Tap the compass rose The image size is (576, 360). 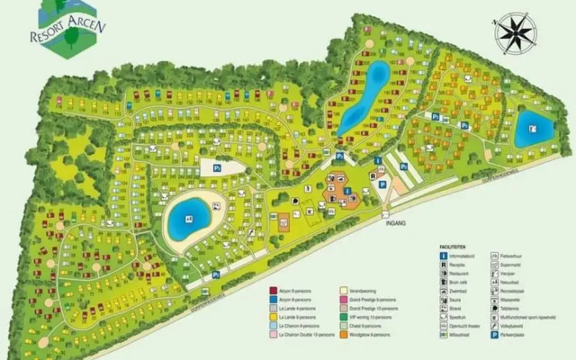click(x=517, y=34)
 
